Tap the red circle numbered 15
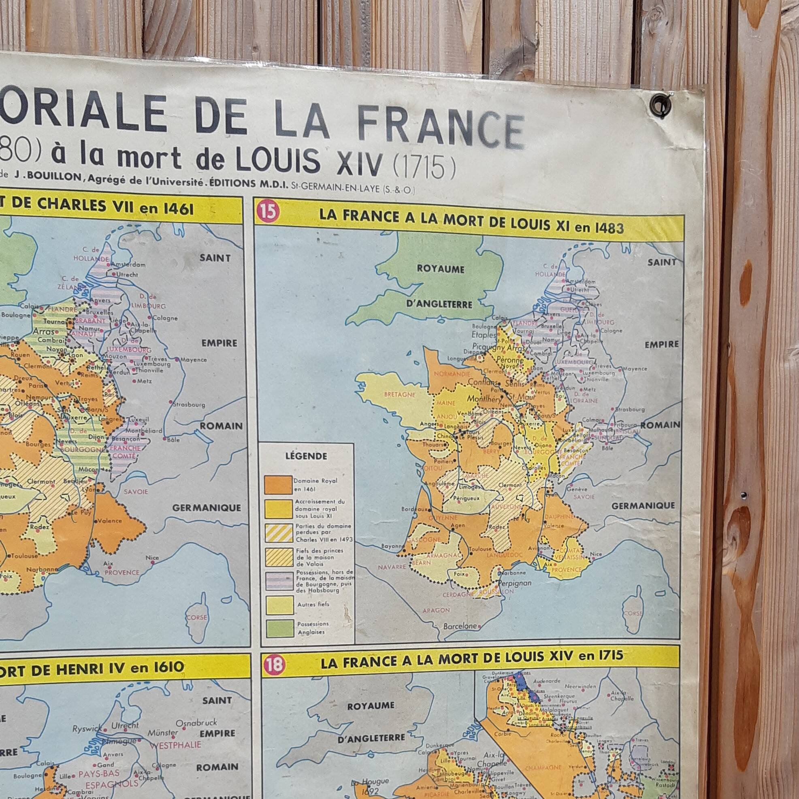coord(267,213)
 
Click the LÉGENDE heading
coord(306,456)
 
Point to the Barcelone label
coord(460,626)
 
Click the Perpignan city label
coord(514,583)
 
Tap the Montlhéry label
coord(484,399)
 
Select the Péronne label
coord(510,360)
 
